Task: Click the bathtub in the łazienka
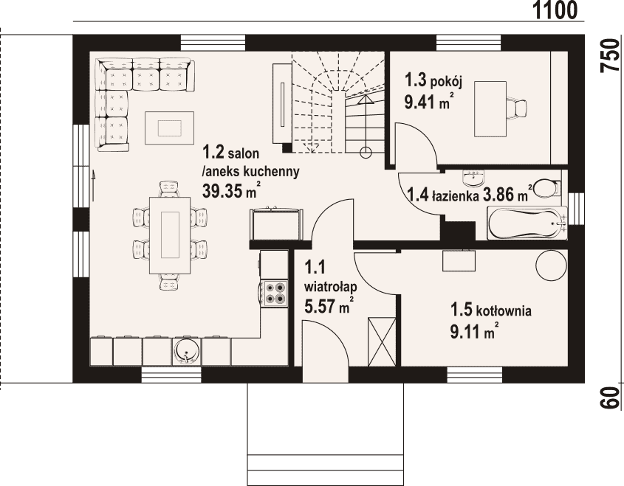coord(527,223)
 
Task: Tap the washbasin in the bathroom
coord(473,178)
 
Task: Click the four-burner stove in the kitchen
coord(274,294)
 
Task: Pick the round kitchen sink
coord(187,351)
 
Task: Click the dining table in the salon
coord(170,235)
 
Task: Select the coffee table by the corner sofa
coord(170,128)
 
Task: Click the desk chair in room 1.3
coord(517,108)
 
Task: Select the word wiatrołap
coord(331,287)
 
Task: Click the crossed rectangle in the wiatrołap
coord(382,341)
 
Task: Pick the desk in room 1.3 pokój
coord(490,109)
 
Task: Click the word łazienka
coord(456,195)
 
